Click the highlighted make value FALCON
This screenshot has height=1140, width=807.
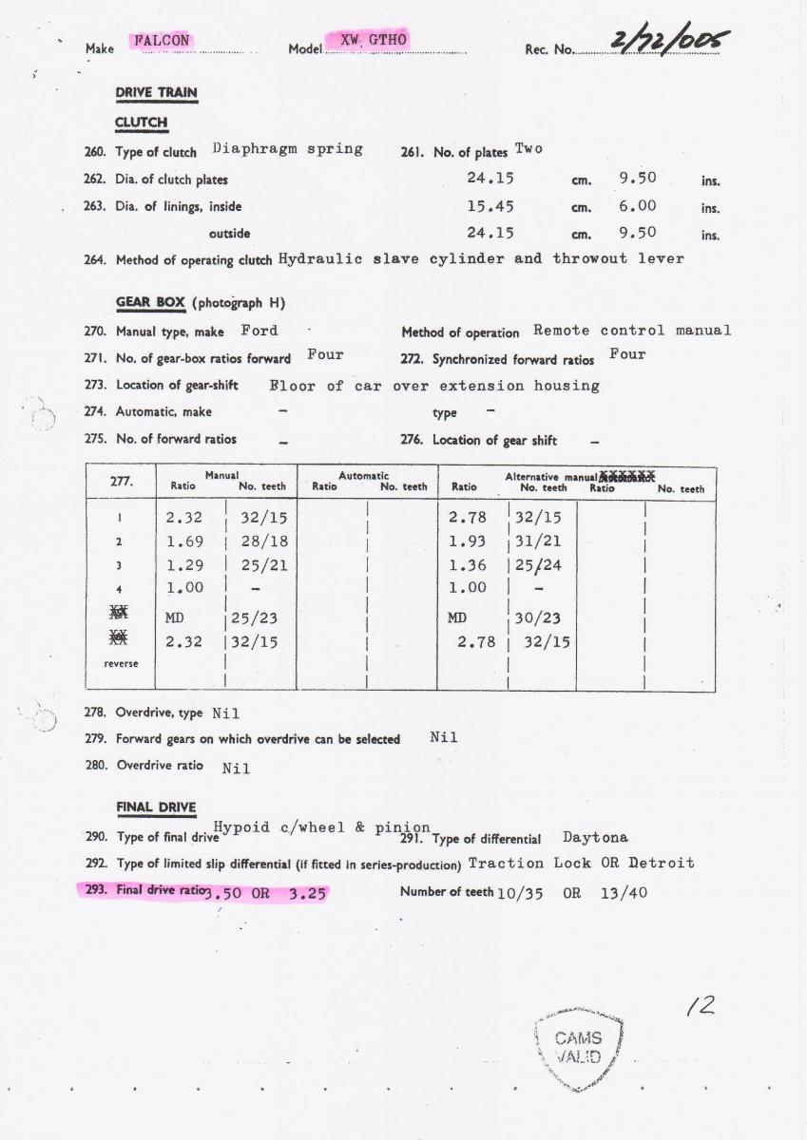click(x=162, y=41)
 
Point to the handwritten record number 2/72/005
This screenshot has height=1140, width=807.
click(x=671, y=42)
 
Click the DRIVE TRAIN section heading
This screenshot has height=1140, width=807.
click(x=156, y=93)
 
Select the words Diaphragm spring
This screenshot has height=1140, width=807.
click(x=287, y=149)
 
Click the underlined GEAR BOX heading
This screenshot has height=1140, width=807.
click(x=150, y=303)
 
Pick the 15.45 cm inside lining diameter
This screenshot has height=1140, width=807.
click(x=490, y=205)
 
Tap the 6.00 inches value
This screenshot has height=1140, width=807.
click(x=637, y=205)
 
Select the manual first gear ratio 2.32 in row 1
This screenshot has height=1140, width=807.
click(x=184, y=519)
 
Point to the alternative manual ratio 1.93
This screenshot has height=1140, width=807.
click(x=467, y=541)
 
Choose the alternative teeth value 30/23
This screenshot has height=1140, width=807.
click(x=537, y=618)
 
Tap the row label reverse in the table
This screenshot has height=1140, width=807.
click(x=121, y=663)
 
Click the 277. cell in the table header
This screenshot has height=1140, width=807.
click(x=121, y=481)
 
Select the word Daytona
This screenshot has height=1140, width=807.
click(x=595, y=838)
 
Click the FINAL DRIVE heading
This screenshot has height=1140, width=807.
click(x=156, y=807)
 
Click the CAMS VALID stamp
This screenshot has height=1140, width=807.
click(x=579, y=1047)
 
